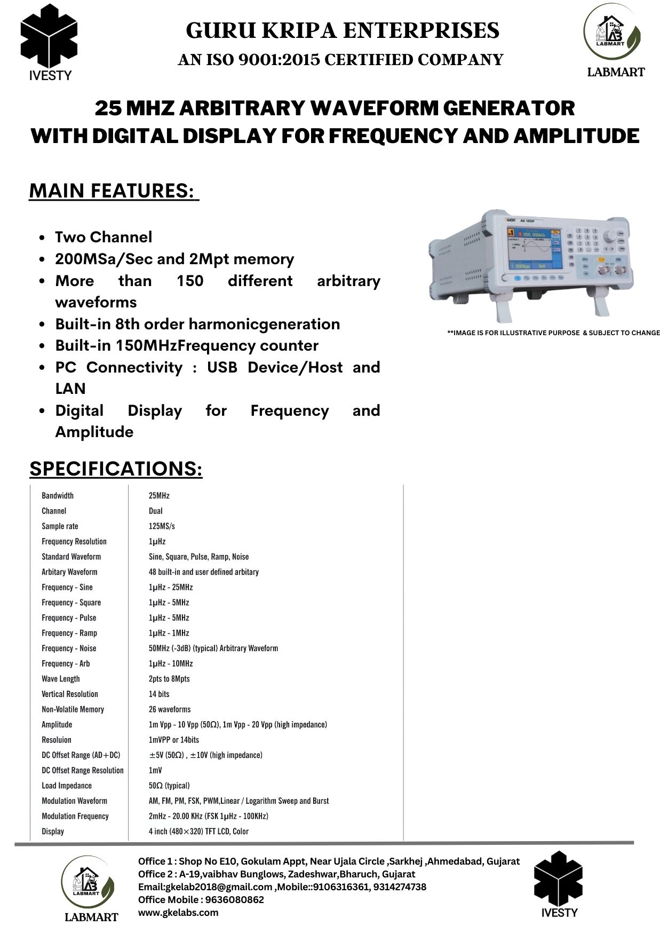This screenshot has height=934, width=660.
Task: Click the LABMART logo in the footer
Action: (x=88, y=889)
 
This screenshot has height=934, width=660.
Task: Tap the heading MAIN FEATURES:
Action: (x=114, y=191)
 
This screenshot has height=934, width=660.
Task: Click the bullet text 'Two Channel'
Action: (x=104, y=237)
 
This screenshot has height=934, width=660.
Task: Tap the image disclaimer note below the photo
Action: (x=553, y=333)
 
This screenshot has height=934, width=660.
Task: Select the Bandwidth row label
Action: (x=58, y=495)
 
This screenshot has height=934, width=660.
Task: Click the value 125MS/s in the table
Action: (x=162, y=526)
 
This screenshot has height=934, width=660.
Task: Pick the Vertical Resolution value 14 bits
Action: (x=159, y=694)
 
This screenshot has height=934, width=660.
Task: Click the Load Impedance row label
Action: (x=67, y=786)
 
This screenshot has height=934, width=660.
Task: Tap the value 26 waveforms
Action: (x=170, y=709)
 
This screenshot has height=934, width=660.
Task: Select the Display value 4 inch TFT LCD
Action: (x=198, y=831)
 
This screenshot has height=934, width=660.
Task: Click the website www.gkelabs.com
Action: (x=178, y=912)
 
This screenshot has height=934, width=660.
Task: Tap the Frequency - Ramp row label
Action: (x=69, y=633)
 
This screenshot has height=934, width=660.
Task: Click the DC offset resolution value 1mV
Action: (x=155, y=770)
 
